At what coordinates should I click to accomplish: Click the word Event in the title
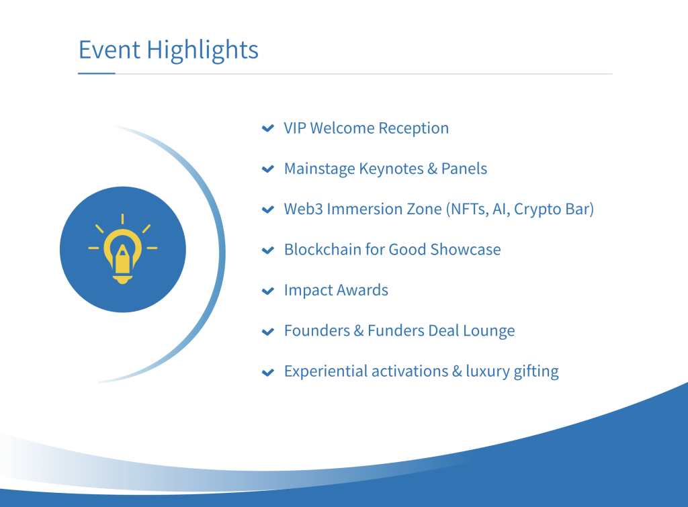pos(110,49)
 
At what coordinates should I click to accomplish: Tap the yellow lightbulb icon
pos(123,248)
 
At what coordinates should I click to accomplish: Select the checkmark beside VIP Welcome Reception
pos(267,128)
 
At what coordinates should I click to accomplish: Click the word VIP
pos(295,128)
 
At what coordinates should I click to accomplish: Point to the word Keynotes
pos(391,169)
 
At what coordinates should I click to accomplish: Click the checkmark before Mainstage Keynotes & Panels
pos(267,169)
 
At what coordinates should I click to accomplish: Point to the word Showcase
pos(465,250)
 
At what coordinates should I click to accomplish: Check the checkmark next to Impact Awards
pos(267,291)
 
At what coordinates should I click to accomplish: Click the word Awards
pos(362,290)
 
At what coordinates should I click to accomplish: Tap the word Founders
pos(317,330)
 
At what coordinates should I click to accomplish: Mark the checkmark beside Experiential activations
pos(267,372)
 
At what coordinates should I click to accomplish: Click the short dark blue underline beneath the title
pos(97,74)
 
